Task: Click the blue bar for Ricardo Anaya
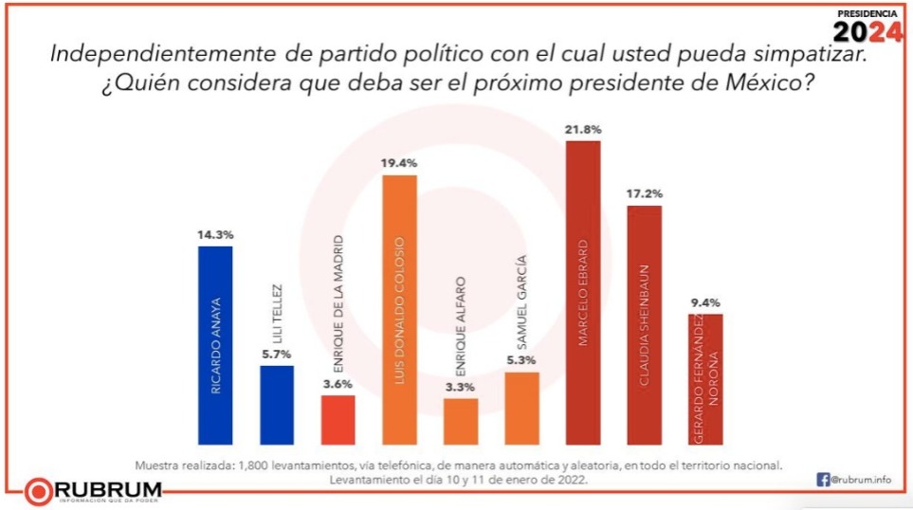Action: coord(214,345)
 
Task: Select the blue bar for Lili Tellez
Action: coord(277,405)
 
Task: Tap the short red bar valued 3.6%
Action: coord(338,419)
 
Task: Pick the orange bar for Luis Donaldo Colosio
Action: coord(399,310)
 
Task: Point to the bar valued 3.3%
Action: coord(461,421)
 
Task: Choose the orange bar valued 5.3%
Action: coord(521,408)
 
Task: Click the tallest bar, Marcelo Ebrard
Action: coord(582,292)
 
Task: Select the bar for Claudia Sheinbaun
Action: coord(644,324)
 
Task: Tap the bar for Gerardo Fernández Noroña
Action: coord(705,379)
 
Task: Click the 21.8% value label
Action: coord(582,129)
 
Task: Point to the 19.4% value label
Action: coord(399,163)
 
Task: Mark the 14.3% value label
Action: coord(214,233)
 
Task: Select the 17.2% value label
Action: coord(644,194)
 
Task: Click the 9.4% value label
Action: coord(705,302)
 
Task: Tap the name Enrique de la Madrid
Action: coord(338,307)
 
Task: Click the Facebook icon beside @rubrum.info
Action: coord(823,480)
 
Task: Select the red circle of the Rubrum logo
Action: coord(40,490)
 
